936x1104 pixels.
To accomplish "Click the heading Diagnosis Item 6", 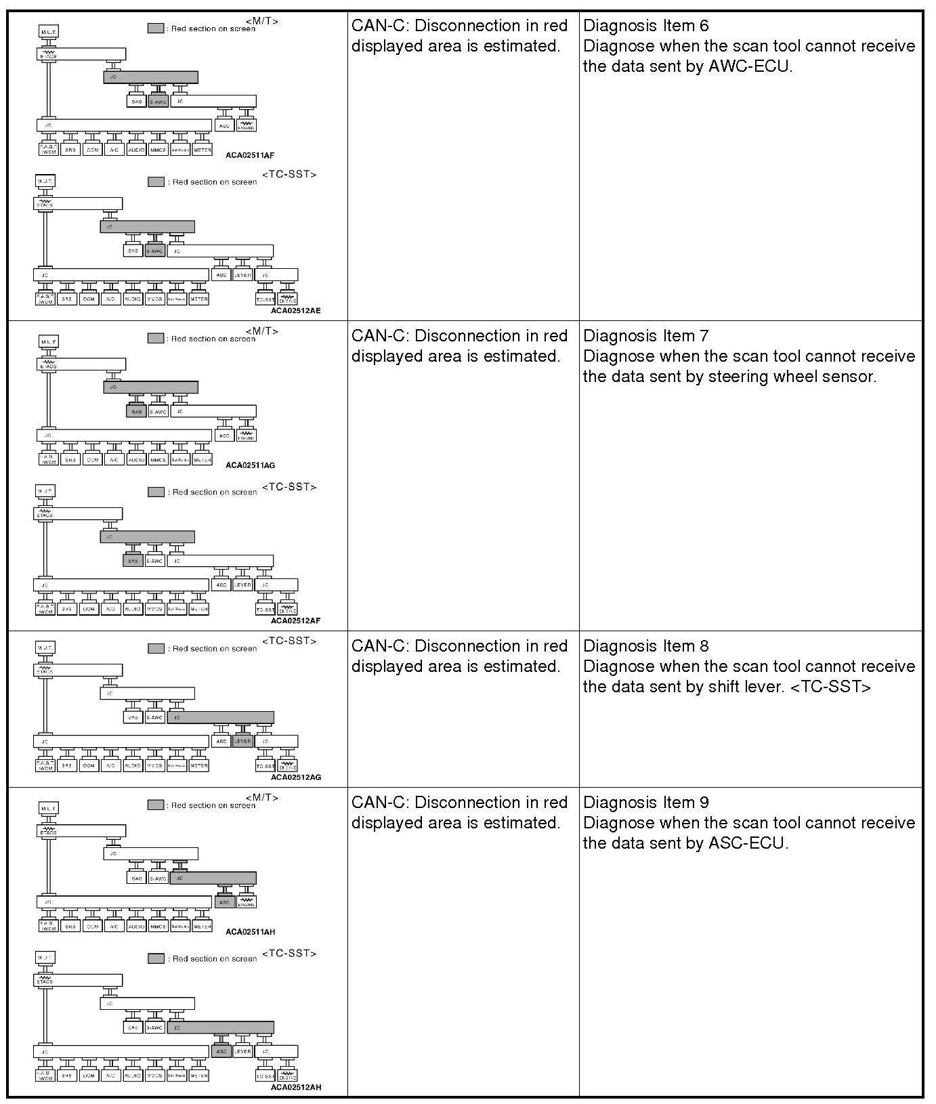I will tap(645, 26).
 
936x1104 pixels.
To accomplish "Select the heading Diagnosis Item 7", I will tap(645, 336).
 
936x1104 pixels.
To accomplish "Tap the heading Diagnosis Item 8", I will tap(645, 646).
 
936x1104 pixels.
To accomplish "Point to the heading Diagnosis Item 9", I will tap(645, 803).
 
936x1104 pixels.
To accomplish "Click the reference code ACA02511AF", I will tap(250, 155).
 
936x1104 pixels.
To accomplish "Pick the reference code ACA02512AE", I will tap(295, 311).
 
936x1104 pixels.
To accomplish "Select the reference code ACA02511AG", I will tap(250, 465).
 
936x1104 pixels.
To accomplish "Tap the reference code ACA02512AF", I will tap(295, 620).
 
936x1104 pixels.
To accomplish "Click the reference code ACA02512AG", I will tap(295, 777).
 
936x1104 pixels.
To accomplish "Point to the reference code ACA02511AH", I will tap(250, 932).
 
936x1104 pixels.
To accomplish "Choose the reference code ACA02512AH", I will tap(295, 1088).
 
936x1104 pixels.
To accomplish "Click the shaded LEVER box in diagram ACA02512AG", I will tap(242, 742).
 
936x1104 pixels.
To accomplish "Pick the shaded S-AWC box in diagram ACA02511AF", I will tap(158, 102).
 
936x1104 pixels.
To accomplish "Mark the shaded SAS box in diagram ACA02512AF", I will tap(133, 561).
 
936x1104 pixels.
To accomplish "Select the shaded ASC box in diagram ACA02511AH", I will tap(224, 902).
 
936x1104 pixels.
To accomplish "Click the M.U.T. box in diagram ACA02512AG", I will tap(45, 648).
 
